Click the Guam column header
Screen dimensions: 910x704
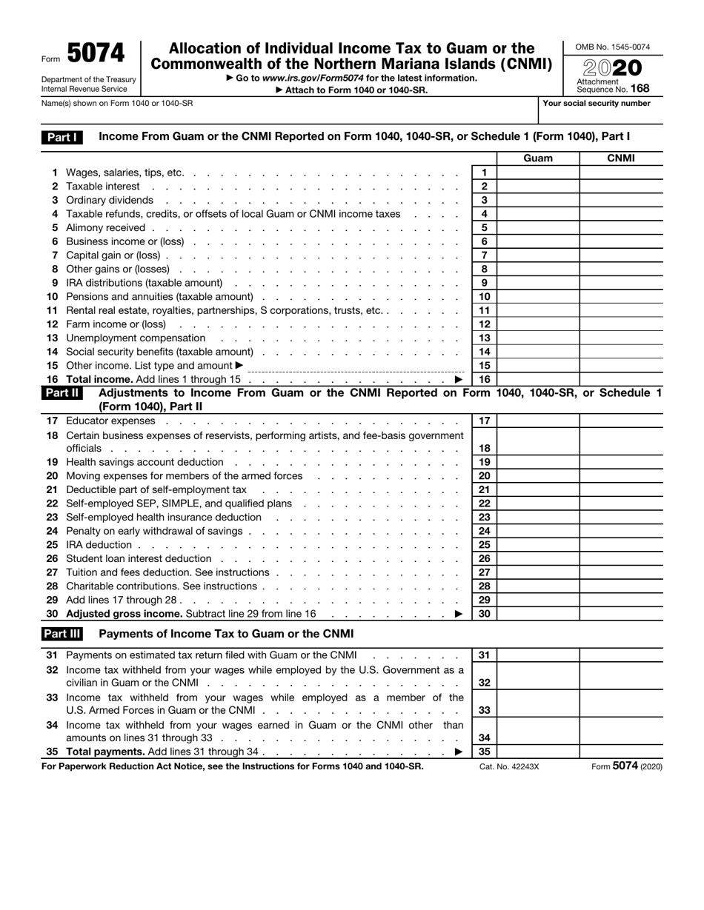point(538,158)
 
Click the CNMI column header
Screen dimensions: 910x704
point(620,158)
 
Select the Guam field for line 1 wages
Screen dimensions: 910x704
point(538,173)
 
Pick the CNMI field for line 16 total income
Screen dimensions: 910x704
point(620,379)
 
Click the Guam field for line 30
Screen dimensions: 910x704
point(538,614)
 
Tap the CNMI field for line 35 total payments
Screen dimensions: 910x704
point(620,752)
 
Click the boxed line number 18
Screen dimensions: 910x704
point(485,448)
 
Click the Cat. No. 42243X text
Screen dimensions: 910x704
point(509,767)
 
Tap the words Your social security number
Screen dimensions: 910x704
point(597,104)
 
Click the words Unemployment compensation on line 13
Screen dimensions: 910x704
point(136,338)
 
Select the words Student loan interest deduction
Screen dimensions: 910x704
point(139,559)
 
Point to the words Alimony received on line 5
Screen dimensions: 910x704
point(106,228)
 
